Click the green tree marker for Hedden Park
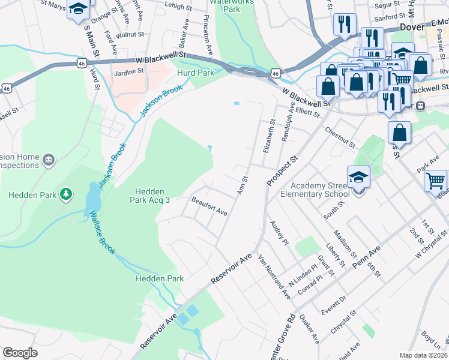tap(67, 194)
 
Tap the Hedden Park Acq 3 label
tap(151, 196)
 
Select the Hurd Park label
tap(196, 73)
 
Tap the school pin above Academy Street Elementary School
tap(358, 177)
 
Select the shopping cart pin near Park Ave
tap(435, 179)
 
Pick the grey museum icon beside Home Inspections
tap(49, 160)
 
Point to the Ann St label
tap(243, 185)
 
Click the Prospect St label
tap(283, 170)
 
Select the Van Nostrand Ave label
tap(274, 277)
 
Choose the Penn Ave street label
tap(367, 255)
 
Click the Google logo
tap(20, 353)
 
